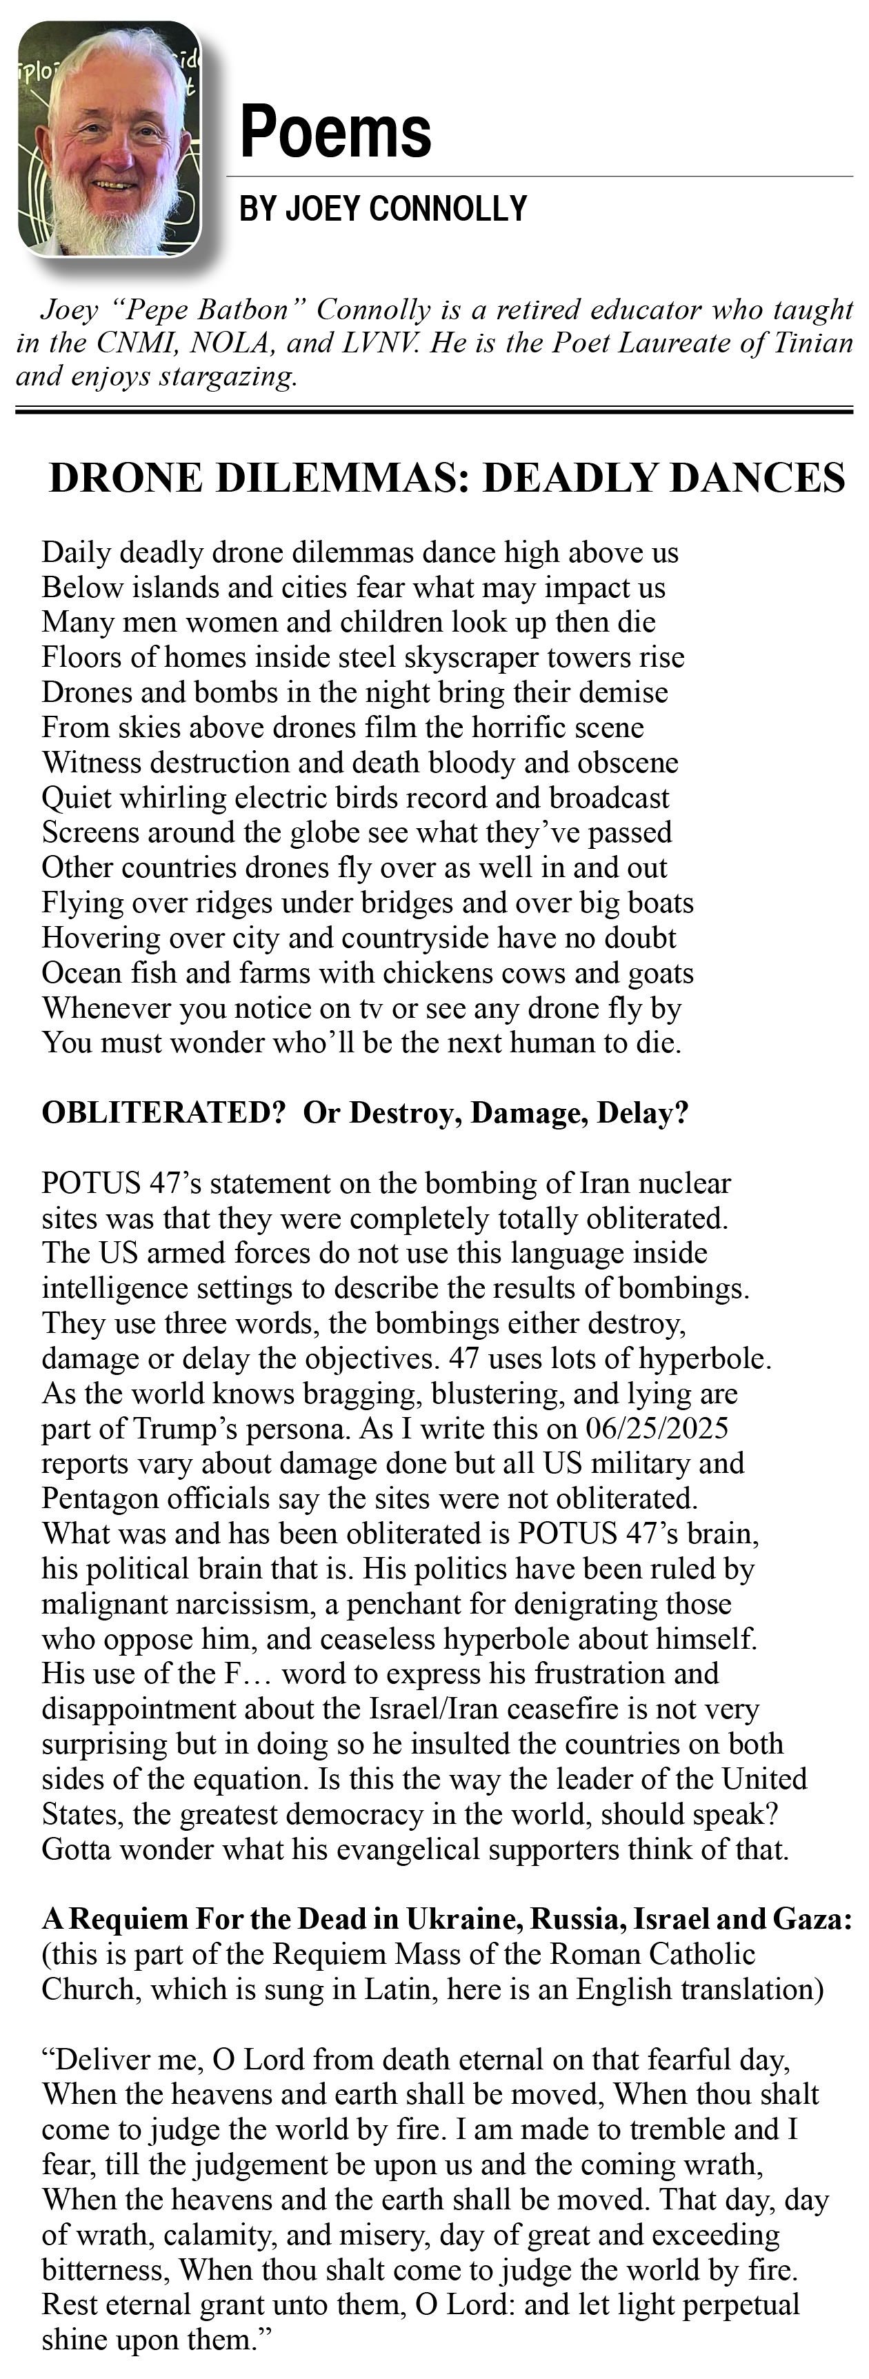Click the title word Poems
click(335, 132)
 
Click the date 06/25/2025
click(657, 1428)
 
